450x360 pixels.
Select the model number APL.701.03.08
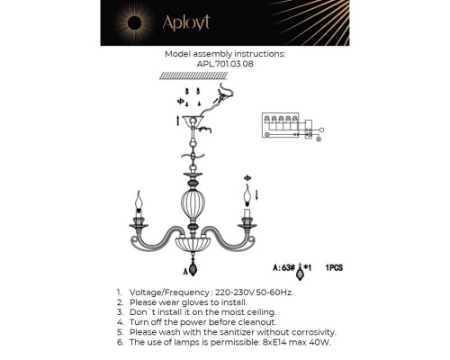[224, 64]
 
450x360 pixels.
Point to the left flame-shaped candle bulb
[139, 197]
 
